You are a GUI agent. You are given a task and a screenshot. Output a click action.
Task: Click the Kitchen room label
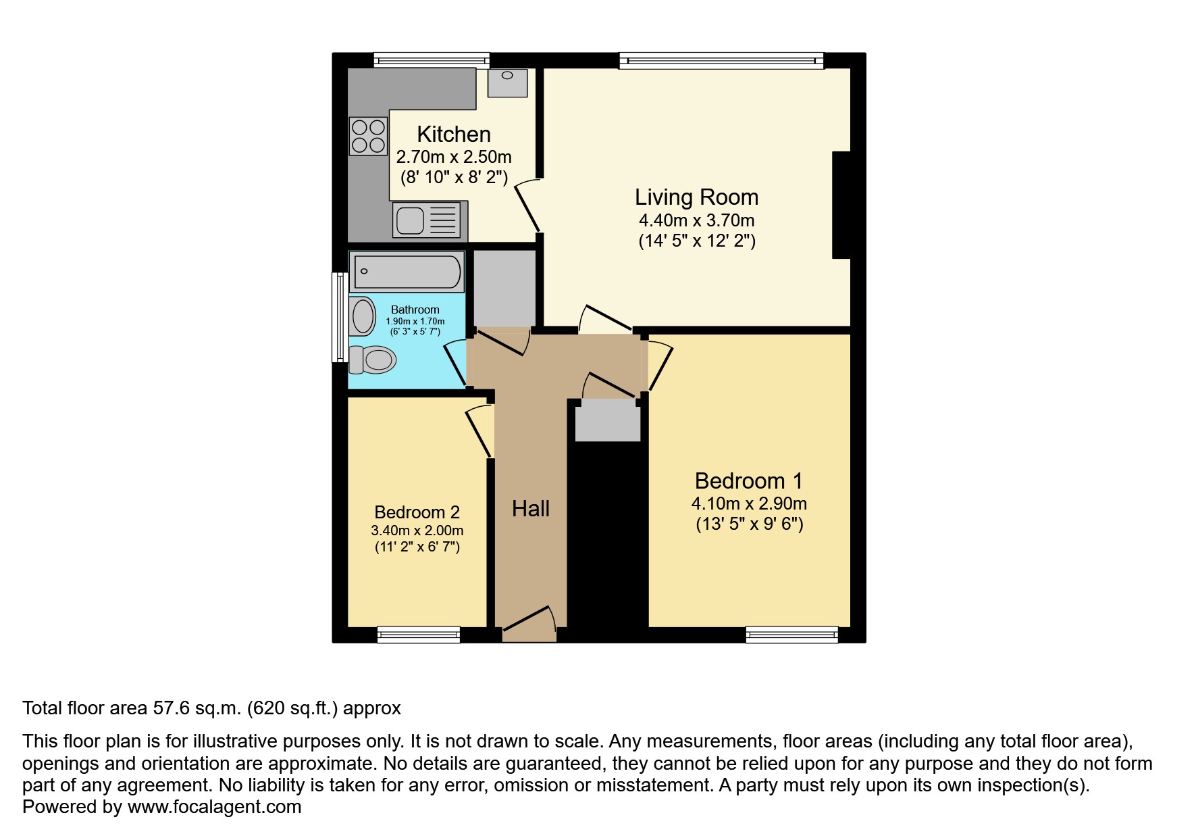click(x=454, y=134)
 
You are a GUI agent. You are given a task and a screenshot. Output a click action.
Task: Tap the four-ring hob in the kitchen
click(x=368, y=135)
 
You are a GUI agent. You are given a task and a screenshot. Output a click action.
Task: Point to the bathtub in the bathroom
click(x=407, y=272)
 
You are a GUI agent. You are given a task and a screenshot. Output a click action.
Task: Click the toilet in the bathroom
click(x=372, y=360)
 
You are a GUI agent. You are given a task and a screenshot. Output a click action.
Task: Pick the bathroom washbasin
click(x=363, y=316)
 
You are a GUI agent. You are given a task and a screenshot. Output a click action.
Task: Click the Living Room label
click(x=696, y=197)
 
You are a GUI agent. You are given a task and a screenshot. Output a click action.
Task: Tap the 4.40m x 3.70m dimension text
click(x=696, y=220)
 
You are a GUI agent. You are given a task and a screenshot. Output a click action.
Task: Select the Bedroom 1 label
click(x=749, y=481)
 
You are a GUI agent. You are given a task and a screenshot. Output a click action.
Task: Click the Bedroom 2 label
click(x=417, y=512)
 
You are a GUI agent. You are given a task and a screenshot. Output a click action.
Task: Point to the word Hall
click(x=531, y=509)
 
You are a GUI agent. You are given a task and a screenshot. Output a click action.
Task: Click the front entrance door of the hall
click(x=529, y=625)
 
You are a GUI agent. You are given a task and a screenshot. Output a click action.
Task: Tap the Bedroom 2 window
click(x=419, y=634)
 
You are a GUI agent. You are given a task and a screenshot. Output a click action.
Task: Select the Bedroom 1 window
click(x=792, y=634)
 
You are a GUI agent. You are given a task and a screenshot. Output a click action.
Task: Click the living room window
click(x=721, y=61)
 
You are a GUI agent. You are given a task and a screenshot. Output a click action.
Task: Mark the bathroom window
click(x=340, y=317)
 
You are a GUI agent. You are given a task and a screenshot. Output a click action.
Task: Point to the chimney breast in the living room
click(x=841, y=205)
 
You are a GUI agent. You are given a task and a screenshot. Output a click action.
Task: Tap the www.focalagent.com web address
click(x=215, y=807)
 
